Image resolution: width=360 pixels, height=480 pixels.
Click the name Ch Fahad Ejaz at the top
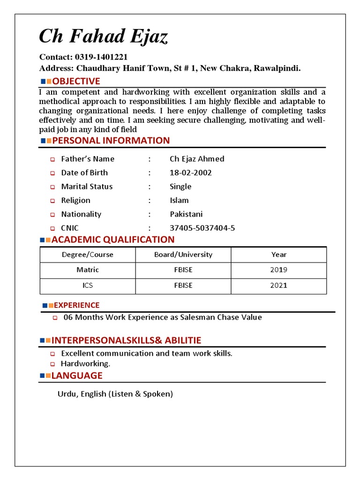point(103,37)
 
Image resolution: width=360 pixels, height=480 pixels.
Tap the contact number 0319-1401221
point(101,57)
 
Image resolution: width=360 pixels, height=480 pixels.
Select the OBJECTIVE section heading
point(75,81)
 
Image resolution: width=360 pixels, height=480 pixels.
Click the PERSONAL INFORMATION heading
point(111,141)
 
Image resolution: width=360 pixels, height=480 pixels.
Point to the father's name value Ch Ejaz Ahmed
point(197,159)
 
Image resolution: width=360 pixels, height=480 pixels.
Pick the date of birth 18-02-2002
point(190,172)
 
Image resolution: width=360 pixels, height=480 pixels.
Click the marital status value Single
point(180,187)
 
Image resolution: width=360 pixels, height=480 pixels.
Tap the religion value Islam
point(179,200)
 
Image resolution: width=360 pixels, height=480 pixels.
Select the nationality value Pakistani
point(186,214)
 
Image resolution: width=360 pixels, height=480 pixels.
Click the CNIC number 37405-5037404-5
point(202,228)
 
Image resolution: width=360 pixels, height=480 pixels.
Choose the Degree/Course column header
point(88,255)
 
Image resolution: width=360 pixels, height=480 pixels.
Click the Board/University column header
point(183,255)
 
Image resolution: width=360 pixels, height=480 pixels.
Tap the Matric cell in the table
point(88,270)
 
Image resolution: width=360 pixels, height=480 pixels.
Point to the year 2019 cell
point(279,270)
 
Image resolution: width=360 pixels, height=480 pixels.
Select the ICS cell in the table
point(88,285)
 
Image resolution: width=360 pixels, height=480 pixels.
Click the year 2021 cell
point(279,285)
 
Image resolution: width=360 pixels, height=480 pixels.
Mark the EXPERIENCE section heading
point(77,305)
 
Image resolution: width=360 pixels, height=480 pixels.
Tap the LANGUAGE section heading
point(77,375)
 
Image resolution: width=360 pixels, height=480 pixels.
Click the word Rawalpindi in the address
point(277,68)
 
